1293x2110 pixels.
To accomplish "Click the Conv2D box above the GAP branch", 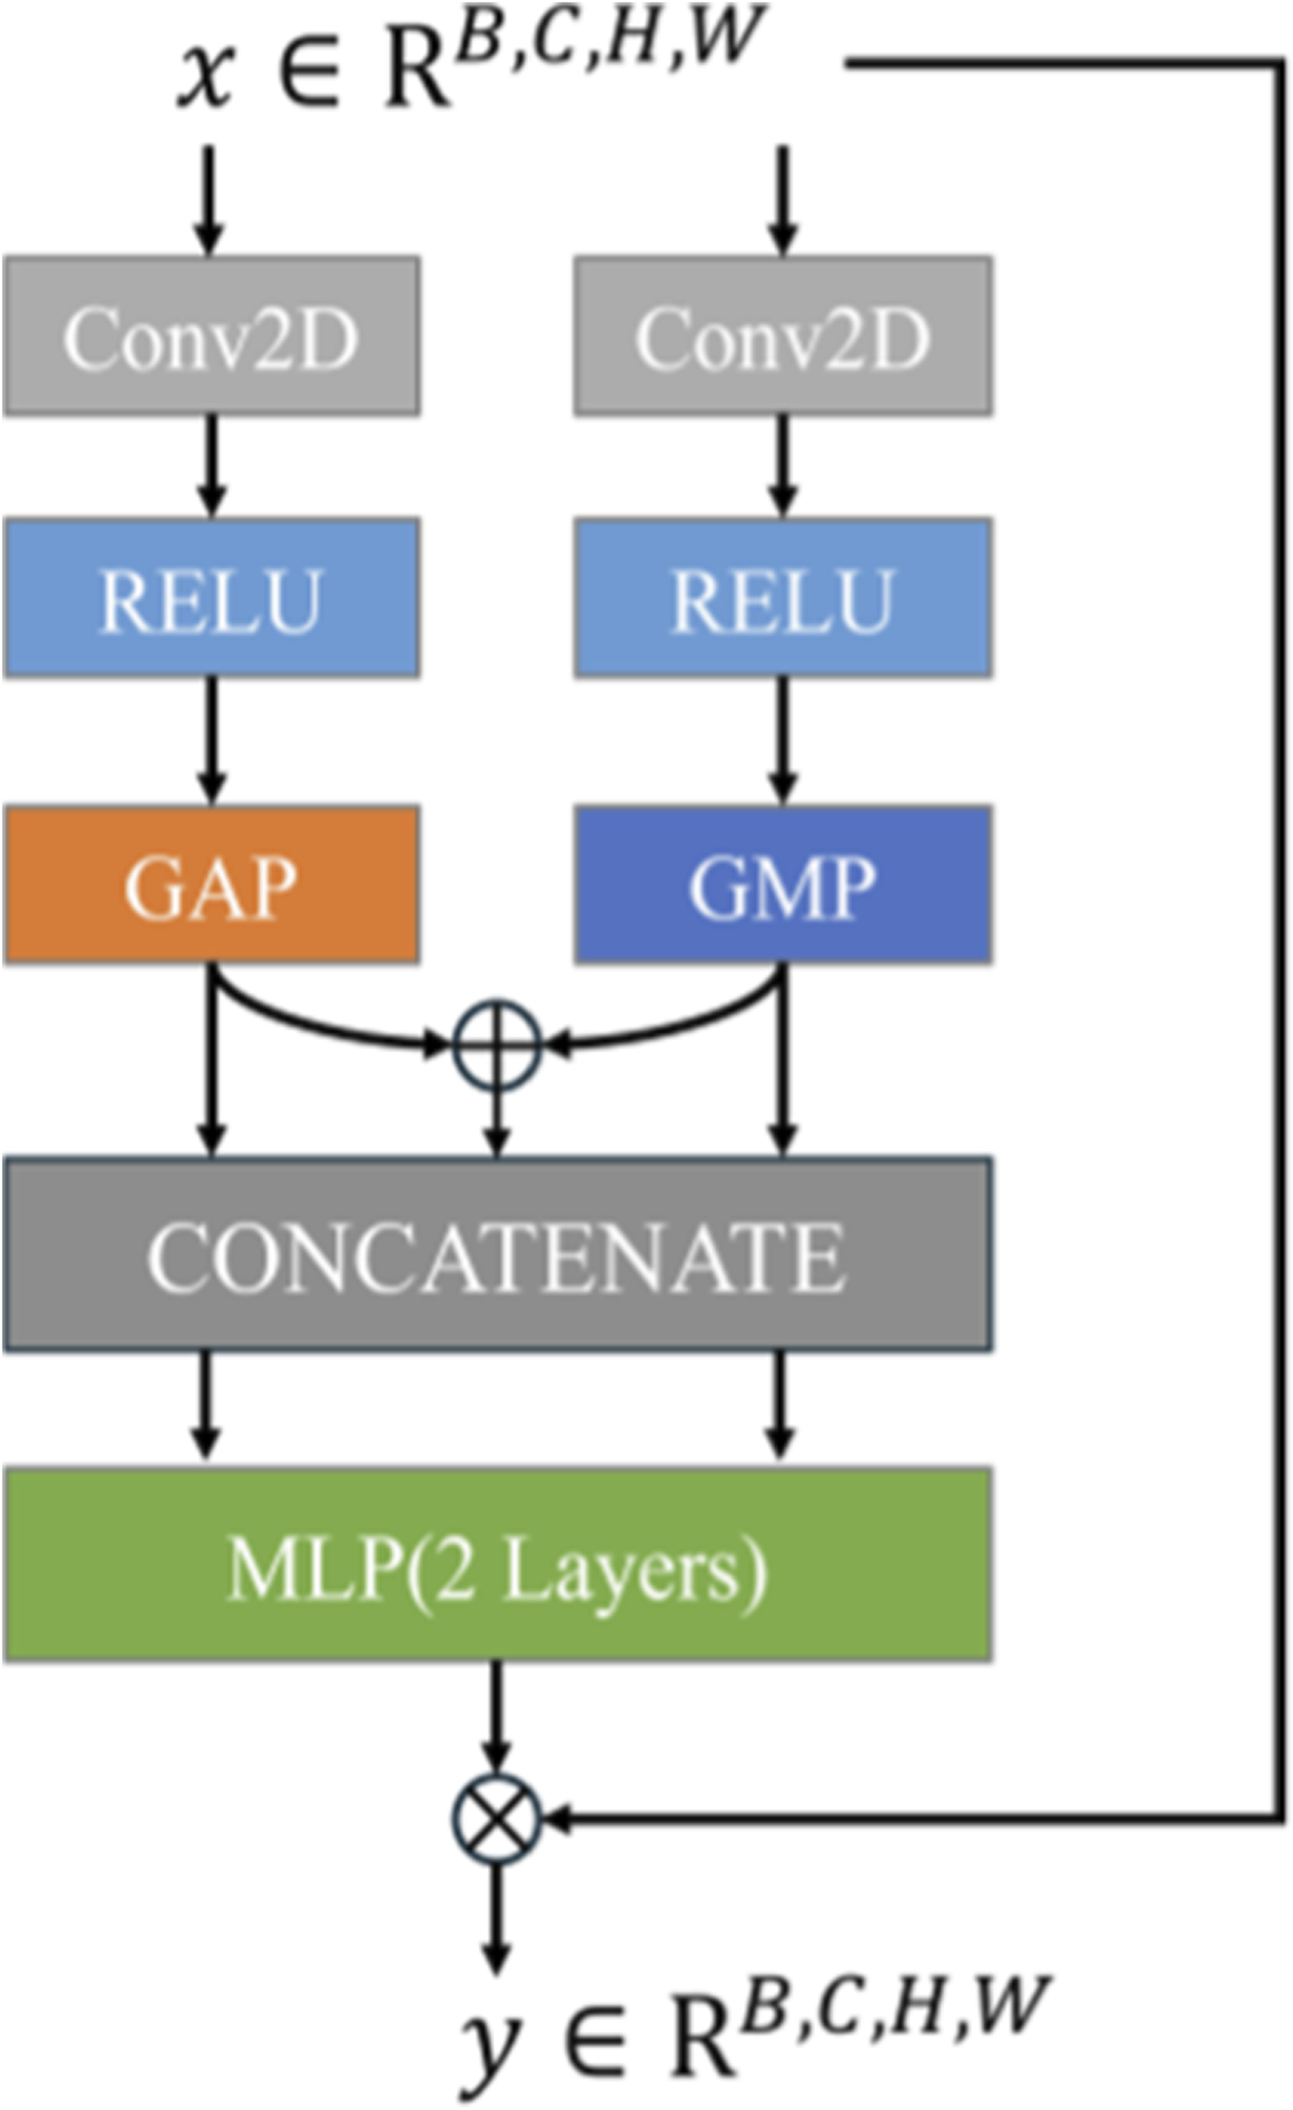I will pyautogui.click(x=211, y=335).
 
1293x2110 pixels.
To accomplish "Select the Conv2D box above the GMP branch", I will pyautogui.click(x=783, y=335).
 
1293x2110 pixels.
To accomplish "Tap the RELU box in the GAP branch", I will pyautogui.click(x=211, y=598).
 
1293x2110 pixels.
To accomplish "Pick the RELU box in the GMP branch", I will pyautogui.click(x=783, y=598).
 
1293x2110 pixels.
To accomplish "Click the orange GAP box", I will pyautogui.click(x=211, y=885).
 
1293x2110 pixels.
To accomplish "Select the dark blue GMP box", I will pyautogui.click(x=783, y=885).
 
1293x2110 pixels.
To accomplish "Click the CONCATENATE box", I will pyautogui.click(x=497, y=1254).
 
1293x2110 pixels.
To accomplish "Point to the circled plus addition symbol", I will pyautogui.click(x=496, y=1044).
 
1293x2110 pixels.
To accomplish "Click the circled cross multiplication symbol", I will pyautogui.click(x=495, y=1819).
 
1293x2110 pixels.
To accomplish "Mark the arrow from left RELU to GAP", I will pyautogui.click(x=211, y=741).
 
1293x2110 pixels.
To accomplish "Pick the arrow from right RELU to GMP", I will pyautogui.click(x=783, y=741).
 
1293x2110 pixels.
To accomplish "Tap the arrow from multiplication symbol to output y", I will pyautogui.click(x=495, y=1916).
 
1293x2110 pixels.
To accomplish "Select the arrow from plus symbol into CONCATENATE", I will pyautogui.click(x=496, y=1123).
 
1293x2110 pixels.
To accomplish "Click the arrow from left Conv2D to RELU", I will pyautogui.click(x=211, y=466).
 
